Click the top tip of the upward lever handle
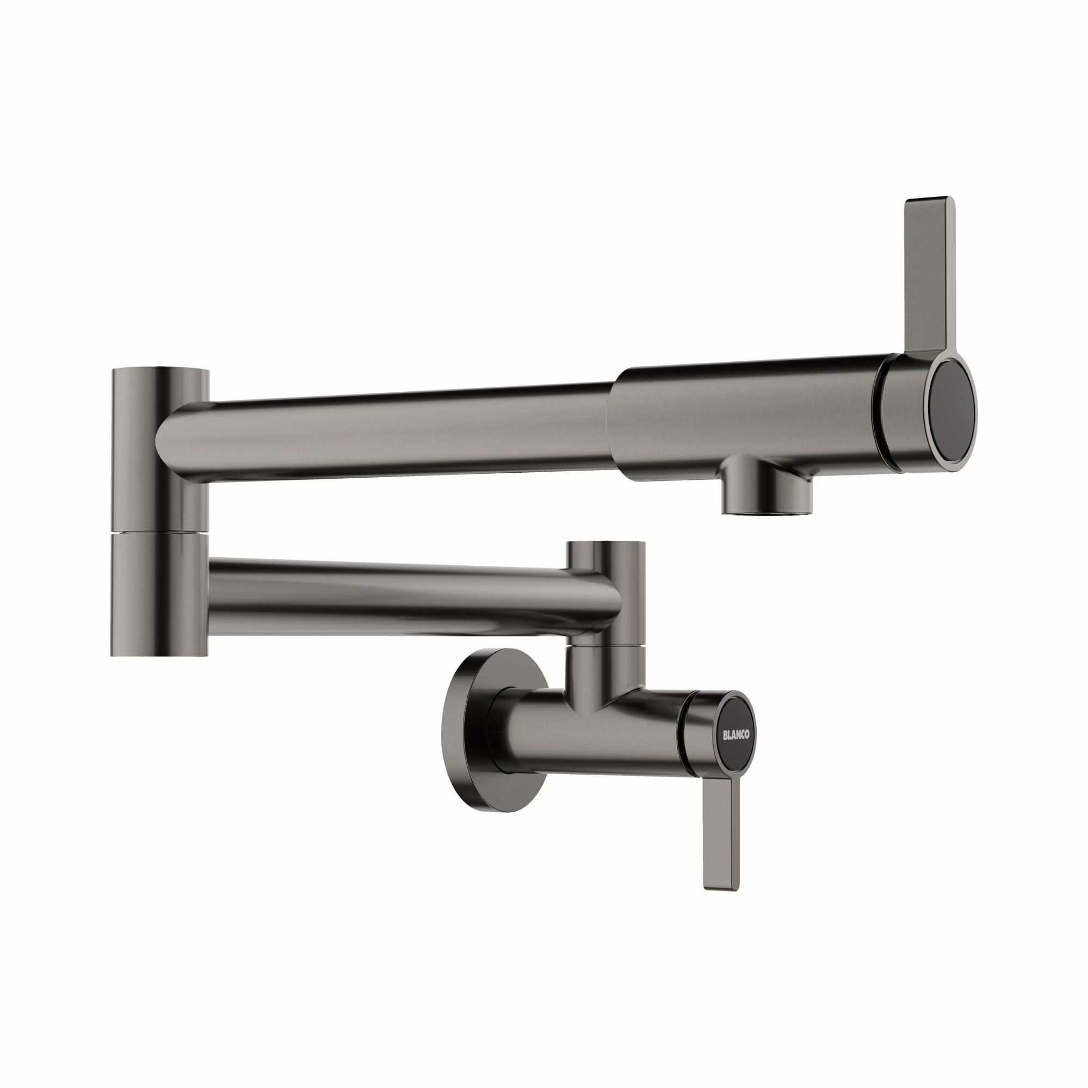929,202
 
